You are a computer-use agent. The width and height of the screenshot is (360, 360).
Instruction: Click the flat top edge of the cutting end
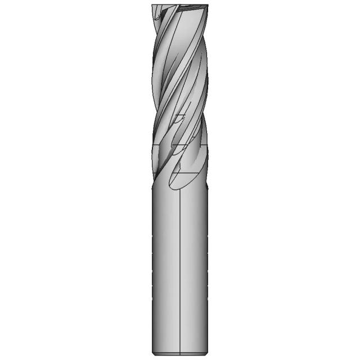click(180, 5)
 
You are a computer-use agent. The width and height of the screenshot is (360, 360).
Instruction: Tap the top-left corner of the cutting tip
click(152, 5)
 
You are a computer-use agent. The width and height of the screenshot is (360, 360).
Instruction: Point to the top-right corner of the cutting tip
click(208, 5)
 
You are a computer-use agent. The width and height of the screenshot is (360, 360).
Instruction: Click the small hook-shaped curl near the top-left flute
click(160, 17)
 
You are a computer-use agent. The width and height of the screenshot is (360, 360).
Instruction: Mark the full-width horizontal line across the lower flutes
click(180, 145)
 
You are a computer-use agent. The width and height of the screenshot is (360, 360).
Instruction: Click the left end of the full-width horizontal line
click(152, 145)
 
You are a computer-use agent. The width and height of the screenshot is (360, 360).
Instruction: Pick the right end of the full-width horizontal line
click(208, 145)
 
